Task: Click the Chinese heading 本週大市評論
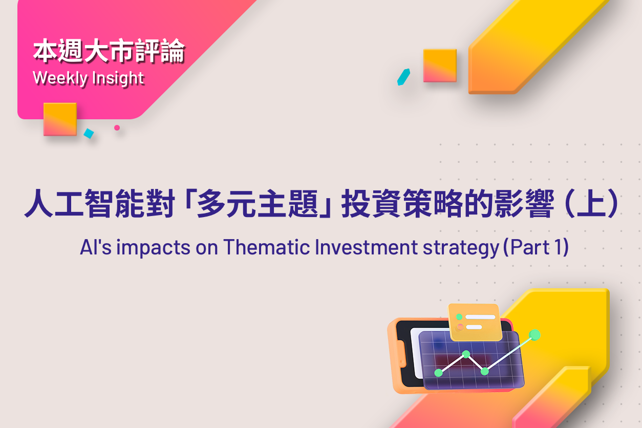109,51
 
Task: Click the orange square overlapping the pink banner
60,119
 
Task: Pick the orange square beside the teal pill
440,66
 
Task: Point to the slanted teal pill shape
403,77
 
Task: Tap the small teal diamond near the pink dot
89,133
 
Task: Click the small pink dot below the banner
117,127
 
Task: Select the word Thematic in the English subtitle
266,247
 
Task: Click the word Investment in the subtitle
366,247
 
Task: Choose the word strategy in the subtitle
461,248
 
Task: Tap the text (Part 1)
536,247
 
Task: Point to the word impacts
153,248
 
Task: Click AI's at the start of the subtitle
95,247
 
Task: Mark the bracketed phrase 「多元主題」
258,203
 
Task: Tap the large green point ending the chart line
534,335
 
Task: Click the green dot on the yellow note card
459,317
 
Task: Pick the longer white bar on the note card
480,317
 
